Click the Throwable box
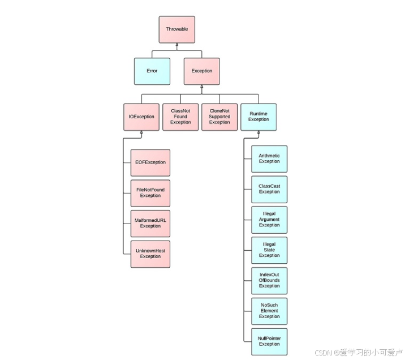[176, 29]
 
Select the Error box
[152, 71]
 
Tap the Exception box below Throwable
[201, 71]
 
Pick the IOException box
[141, 117]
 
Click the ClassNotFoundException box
[180, 117]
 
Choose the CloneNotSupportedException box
[219, 117]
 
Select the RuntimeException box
[259, 117]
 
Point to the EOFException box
[150, 162]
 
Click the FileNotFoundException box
[150, 193]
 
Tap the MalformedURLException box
[150, 224]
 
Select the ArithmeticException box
[269, 158]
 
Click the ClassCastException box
[269, 189]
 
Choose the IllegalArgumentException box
[269, 220]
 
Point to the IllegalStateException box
[269, 250]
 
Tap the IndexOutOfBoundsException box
[269, 281]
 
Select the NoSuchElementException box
[269, 311]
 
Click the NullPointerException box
[269, 342]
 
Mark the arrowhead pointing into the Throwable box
[176, 45]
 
